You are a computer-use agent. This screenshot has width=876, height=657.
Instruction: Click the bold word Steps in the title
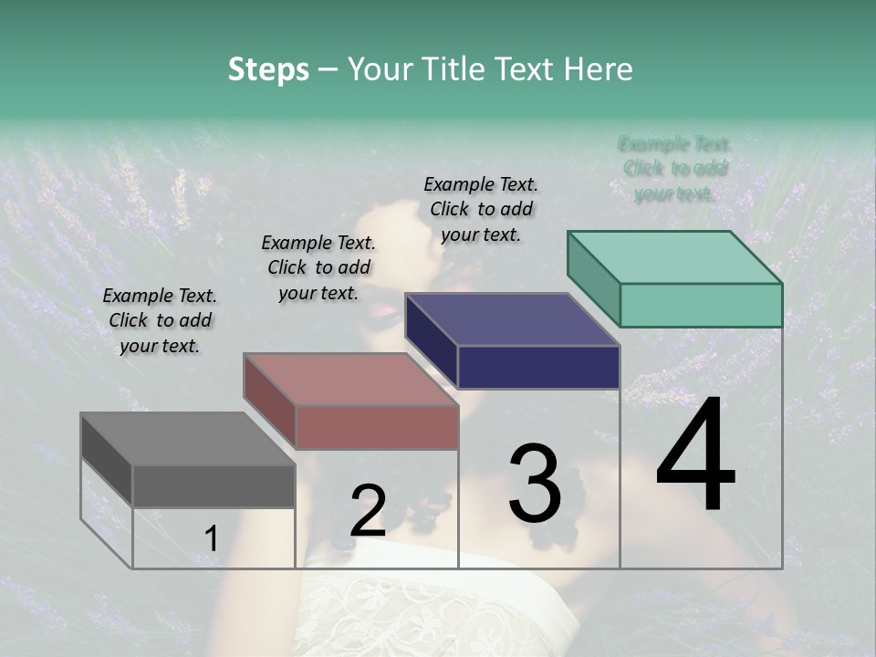(x=268, y=69)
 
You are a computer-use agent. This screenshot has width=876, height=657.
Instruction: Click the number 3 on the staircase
(x=534, y=484)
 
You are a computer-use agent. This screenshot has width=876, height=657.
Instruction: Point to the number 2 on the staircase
(x=368, y=512)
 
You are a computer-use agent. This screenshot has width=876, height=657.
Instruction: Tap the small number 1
(x=212, y=538)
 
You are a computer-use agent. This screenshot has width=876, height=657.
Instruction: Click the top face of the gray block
(x=187, y=439)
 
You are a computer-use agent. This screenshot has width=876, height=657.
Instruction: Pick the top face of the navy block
(x=512, y=319)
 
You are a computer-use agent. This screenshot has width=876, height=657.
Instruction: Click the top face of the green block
(x=675, y=257)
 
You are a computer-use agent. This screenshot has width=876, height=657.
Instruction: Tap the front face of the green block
(x=701, y=305)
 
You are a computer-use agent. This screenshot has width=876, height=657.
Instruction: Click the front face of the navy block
(x=538, y=367)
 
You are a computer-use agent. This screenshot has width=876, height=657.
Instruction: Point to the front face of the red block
(x=376, y=427)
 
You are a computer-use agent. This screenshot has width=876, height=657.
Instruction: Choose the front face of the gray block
(x=214, y=485)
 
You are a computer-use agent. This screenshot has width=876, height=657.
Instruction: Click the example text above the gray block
(x=160, y=320)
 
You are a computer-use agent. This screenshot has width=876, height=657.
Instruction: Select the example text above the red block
(x=318, y=267)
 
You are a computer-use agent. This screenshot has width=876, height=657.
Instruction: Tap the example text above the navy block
(x=481, y=209)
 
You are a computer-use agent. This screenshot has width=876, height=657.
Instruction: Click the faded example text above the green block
(x=675, y=169)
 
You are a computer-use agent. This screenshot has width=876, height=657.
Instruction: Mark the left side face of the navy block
(x=431, y=339)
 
